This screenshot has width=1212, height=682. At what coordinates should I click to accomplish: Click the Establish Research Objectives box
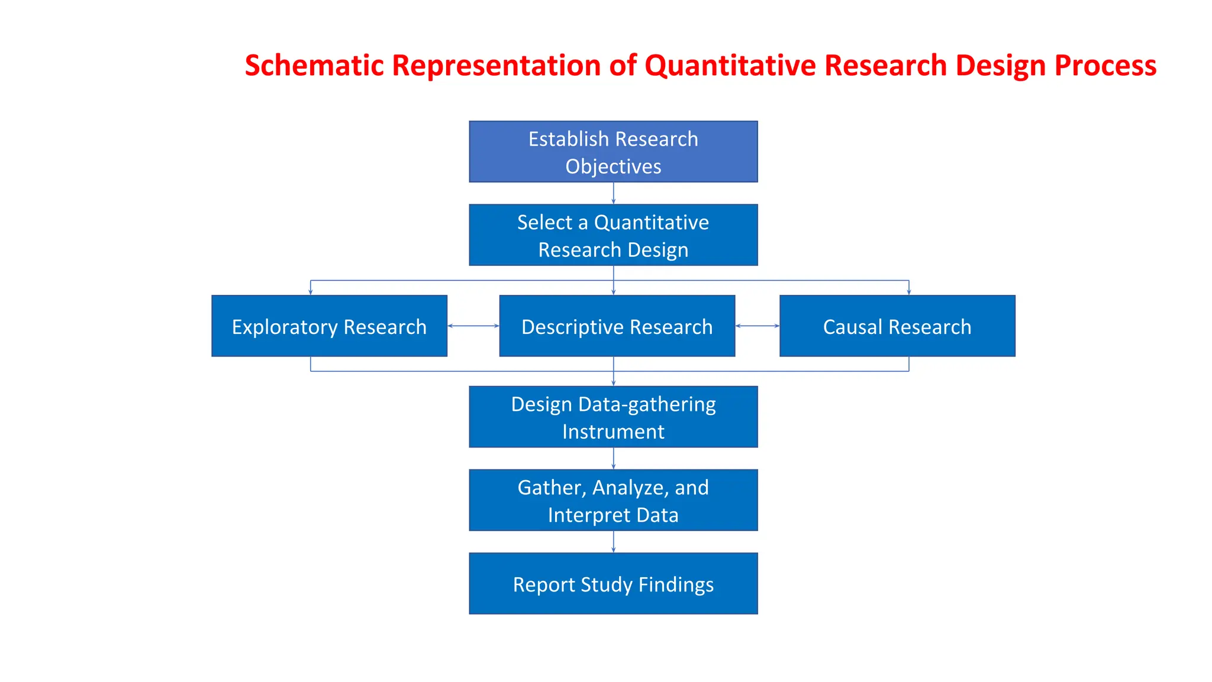[x=613, y=152]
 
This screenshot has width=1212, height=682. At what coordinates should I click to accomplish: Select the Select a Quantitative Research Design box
[x=613, y=235]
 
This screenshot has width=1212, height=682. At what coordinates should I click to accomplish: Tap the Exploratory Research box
[x=329, y=326]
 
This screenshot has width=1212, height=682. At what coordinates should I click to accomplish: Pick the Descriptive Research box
[x=617, y=326]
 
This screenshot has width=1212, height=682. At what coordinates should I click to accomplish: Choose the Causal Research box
[x=897, y=326]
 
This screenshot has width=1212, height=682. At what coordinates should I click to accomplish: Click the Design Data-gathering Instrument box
[x=613, y=417]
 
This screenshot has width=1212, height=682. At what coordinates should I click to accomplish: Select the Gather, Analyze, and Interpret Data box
[x=613, y=500]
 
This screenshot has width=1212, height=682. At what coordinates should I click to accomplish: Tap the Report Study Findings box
[x=613, y=584]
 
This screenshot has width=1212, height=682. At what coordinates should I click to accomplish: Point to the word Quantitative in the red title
[x=730, y=65]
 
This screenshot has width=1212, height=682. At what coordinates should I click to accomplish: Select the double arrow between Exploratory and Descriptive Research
[x=473, y=326]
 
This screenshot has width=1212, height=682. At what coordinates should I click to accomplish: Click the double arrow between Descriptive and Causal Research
[x=757, y=326]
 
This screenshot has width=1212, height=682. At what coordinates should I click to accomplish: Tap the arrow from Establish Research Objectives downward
[x=613, y=193]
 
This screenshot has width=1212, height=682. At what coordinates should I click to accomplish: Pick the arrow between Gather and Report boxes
[x=613, y=542]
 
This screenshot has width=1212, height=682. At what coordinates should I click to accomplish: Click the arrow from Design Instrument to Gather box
[x=613, y=458]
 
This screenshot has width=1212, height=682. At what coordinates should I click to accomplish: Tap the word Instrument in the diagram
[x=613, y=432]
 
